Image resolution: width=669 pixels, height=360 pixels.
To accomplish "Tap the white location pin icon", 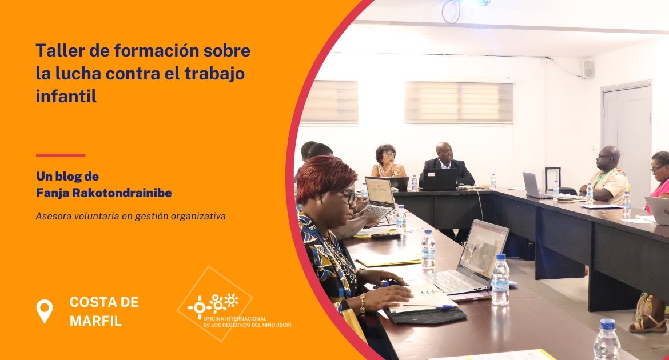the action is (45, 311).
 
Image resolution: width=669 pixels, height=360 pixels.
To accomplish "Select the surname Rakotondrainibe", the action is (122, 193).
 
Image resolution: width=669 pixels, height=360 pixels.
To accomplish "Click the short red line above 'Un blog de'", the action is (61, 155).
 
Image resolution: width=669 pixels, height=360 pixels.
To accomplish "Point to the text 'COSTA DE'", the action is (104, 302).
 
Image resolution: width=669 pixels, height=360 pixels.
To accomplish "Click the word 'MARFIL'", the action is (95, 321).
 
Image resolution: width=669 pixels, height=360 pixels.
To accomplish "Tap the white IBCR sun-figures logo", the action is (213, 304).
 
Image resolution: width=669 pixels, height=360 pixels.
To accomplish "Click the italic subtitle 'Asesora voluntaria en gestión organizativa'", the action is (130, 216).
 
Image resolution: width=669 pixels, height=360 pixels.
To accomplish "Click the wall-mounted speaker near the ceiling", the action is (588, 70).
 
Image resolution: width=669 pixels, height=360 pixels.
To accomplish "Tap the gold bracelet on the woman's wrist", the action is (363, 304).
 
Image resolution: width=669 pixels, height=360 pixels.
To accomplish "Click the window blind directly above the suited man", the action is (459, 102).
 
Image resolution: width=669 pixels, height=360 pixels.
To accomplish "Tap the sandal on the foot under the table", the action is (648, 326).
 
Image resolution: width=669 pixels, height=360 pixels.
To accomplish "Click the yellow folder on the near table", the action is (388, 260).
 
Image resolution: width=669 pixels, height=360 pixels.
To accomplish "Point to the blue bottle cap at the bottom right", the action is (608, 324).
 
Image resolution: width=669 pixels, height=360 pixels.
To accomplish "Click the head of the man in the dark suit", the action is (444, 151).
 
